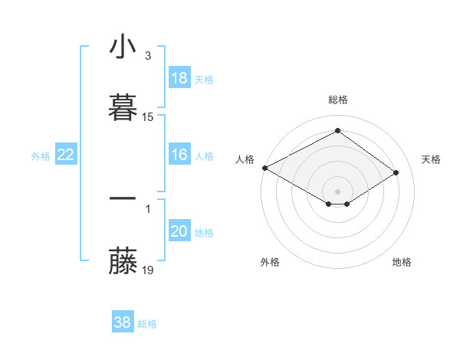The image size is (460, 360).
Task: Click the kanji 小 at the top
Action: point(123,47)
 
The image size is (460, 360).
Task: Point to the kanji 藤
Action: point(123,261)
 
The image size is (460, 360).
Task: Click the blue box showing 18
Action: point(179,78)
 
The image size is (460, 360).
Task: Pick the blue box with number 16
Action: point(179,155)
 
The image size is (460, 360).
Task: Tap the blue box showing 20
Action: point(179,231)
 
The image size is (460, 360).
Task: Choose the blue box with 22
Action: point(66,155)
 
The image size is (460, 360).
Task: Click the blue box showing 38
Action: point(123,322)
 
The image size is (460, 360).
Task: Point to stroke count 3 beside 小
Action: point(147,56)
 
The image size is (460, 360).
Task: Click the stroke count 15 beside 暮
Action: point(148,117)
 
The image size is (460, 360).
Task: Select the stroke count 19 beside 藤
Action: point(148,270)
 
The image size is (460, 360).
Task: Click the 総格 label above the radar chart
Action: point(338,100)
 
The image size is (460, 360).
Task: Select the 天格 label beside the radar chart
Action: point(431,159)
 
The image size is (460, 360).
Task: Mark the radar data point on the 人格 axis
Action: point(264,167)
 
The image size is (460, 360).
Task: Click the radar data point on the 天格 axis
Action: point(396,173)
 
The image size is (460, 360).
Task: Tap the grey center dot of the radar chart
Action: point(338,191)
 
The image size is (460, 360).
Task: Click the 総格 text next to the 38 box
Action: point(147,324)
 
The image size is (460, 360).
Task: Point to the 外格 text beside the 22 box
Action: point(41,156)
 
